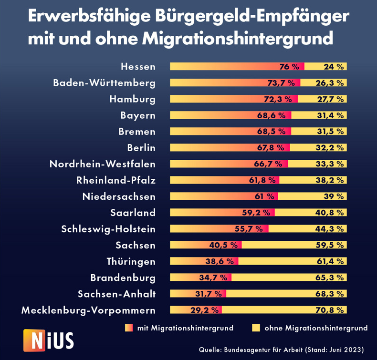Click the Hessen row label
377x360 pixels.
[138, 66]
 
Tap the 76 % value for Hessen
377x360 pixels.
[289, 67]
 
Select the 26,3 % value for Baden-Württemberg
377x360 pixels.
[329, 83]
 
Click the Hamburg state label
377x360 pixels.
[132, 99]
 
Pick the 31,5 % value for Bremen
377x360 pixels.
[329, 132]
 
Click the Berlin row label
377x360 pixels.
[141, 147]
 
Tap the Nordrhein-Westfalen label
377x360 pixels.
[103, 164]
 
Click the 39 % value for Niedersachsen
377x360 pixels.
[334, 196]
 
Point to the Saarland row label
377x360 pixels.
[133, 213]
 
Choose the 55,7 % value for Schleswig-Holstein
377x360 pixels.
[249, 229]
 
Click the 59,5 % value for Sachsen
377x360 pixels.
[329, 245]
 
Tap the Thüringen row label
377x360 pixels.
[131, 261]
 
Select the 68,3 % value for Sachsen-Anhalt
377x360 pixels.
[329, 294]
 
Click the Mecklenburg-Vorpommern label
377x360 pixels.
[88, 310]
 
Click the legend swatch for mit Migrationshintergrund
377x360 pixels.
[129, 328]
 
